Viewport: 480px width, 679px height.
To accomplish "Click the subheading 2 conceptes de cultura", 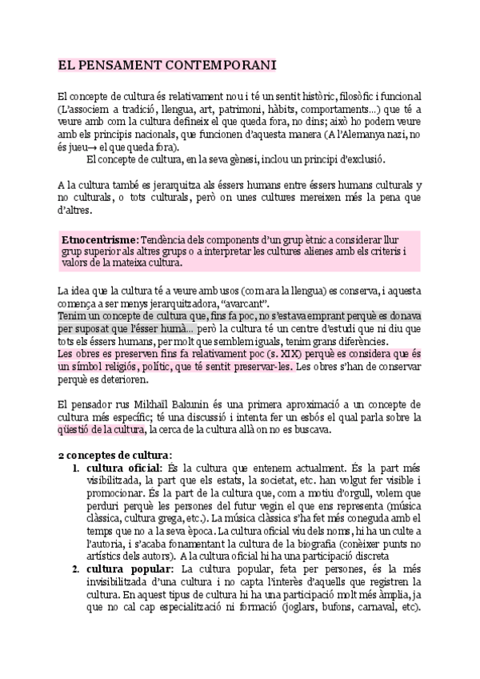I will pyautogui.click(x=115, y=455).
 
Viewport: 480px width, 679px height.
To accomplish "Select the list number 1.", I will pyautogui.click(x=75, y=468).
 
